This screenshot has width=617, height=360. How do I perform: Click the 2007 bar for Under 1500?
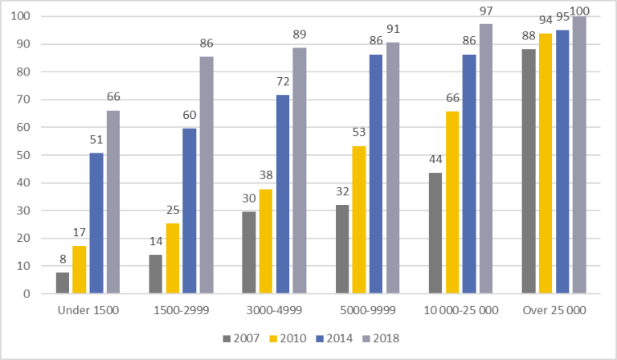(x=62, y=283)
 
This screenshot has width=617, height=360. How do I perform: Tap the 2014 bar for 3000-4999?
(x=282, y=194)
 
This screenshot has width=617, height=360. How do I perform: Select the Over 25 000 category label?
(x=554, y=310)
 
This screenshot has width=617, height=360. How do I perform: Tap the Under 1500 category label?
(x=88, y=310)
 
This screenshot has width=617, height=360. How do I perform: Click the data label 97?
(x=485, y=11)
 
